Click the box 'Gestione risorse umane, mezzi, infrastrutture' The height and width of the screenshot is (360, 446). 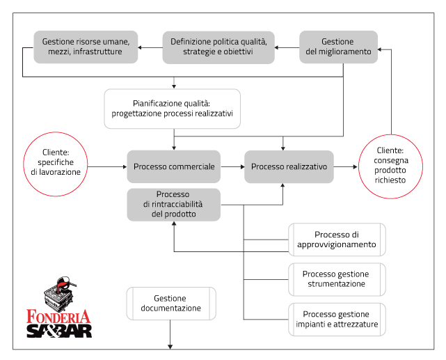(x=86, y=47)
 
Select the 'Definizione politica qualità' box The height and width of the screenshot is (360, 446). (x=218, y=47)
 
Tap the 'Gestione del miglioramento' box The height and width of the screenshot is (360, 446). (x=338, y=47)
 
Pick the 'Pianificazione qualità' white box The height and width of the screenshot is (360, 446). (x=173, y=108)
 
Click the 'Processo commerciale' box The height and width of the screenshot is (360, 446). (x=173, y=167)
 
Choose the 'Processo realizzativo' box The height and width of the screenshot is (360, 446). (x=289, y=167)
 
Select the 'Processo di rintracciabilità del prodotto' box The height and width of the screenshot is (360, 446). (x=173, y=205)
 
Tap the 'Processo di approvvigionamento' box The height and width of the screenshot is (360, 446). (x=337, y=240)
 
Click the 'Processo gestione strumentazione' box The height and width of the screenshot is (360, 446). (x=337, y=279)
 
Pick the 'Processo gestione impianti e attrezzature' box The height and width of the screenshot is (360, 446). (x=337, y=318)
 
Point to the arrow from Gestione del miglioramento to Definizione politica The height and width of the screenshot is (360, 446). (x=287, y=47)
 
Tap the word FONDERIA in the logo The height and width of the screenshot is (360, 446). (x=58, y=315)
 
